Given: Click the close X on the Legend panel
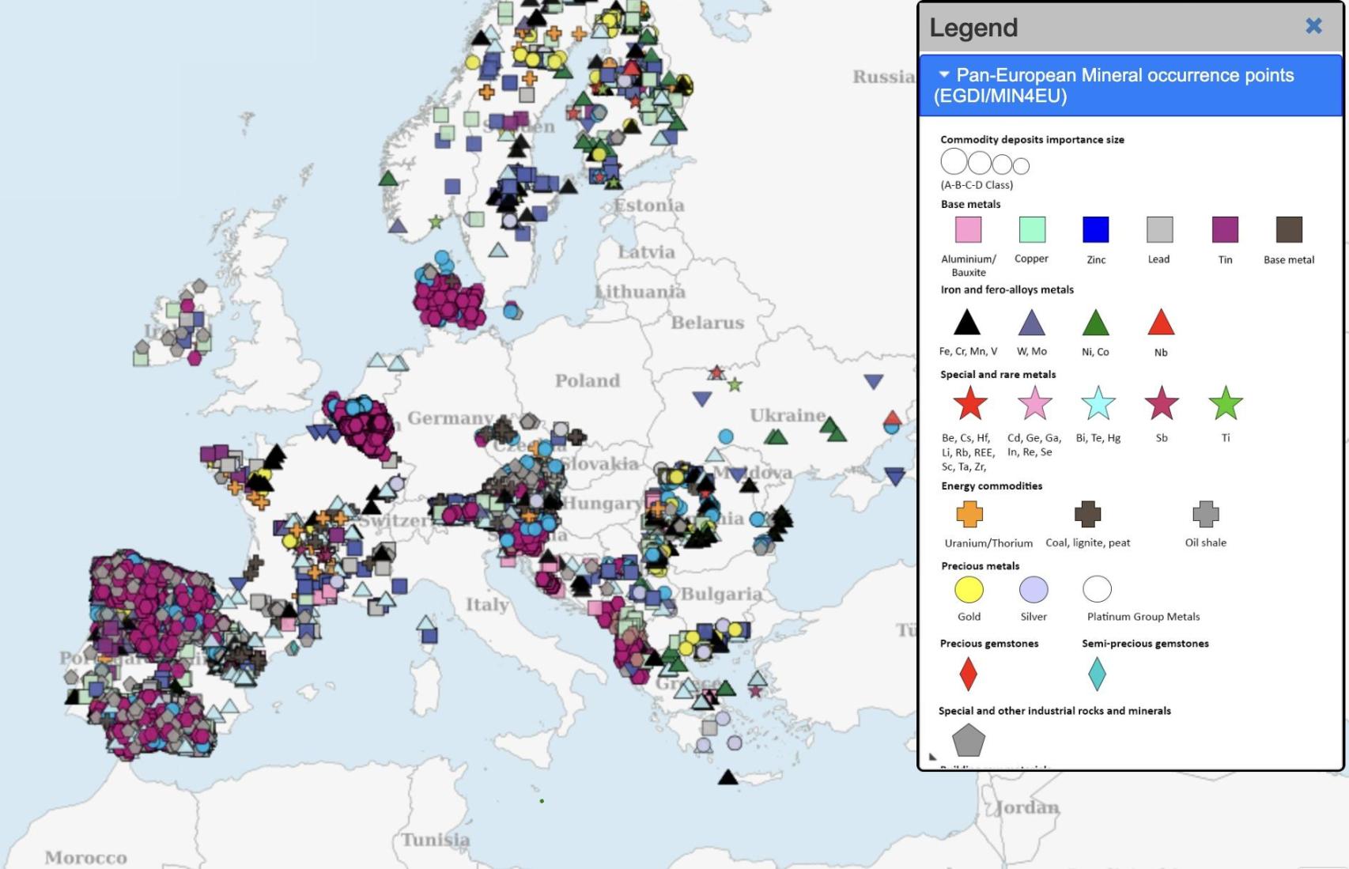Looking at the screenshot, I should tap(1313, 26).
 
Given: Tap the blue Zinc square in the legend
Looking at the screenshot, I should tap(1095, 229).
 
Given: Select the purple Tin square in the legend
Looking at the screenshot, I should tap(1225, 229).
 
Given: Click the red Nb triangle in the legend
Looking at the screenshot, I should tap(1161, 323).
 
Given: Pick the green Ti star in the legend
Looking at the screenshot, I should tap(1226, 403).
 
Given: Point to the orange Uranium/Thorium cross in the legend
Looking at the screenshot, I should tap(969, 514).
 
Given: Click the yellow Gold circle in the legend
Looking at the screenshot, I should tap(969, 589).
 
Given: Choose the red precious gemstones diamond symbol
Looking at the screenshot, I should tap(968, 674).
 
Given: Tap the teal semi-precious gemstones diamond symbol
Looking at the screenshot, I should tap(1097, 674).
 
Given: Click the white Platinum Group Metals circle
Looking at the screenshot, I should tap(1097, 589).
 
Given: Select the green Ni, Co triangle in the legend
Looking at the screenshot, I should tap(1095, 323).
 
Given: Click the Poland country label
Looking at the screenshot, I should tap(588, 381).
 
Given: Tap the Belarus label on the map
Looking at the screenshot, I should tap(708, 323).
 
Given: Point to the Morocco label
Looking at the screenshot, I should tap(85, 858).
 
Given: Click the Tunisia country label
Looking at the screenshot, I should tap(435, 840).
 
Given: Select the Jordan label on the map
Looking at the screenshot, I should tap(1027, 807).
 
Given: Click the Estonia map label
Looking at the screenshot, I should tap(649, 206).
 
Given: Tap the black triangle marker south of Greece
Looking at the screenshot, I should tap(727, 777).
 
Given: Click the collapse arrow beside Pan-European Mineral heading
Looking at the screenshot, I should tap(943, 74).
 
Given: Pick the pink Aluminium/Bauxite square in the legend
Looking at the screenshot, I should tap(968, 229).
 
